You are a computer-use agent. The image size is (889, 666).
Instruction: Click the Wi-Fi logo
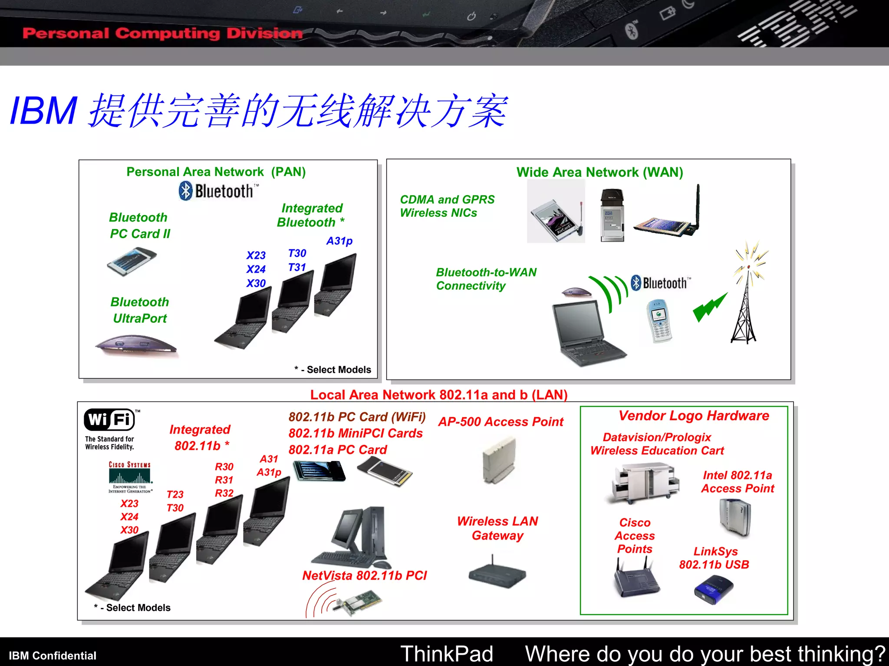[x=109, y=420]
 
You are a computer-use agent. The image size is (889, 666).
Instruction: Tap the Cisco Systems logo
[x=130, y=477]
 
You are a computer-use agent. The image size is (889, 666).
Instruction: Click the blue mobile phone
[x=659, y=321]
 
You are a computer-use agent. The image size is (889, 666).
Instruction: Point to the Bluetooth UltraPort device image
[x=136, y=346]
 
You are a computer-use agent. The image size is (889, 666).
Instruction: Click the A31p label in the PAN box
[x=339, y=241]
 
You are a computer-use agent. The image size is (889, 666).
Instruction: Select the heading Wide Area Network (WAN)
[x=599, y=173]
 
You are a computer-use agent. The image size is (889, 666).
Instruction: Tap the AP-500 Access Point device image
[x=499, y=460]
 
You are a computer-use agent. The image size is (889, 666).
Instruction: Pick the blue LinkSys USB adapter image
[x=713, y=589]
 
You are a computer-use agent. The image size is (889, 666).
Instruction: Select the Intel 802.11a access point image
[x=735, y=517]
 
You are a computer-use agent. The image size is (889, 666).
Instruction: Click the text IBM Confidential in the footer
[x=53, y=655]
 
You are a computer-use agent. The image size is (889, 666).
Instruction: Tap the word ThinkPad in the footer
[x=446, y=653]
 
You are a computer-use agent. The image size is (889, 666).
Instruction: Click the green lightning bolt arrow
[x=709, y=307]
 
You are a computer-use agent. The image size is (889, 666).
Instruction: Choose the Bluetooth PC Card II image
[x=132, y=261]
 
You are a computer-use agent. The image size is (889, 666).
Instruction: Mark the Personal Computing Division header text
[x=162, y=33]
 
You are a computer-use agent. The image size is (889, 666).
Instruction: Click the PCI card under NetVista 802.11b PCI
[x=358, y=602]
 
